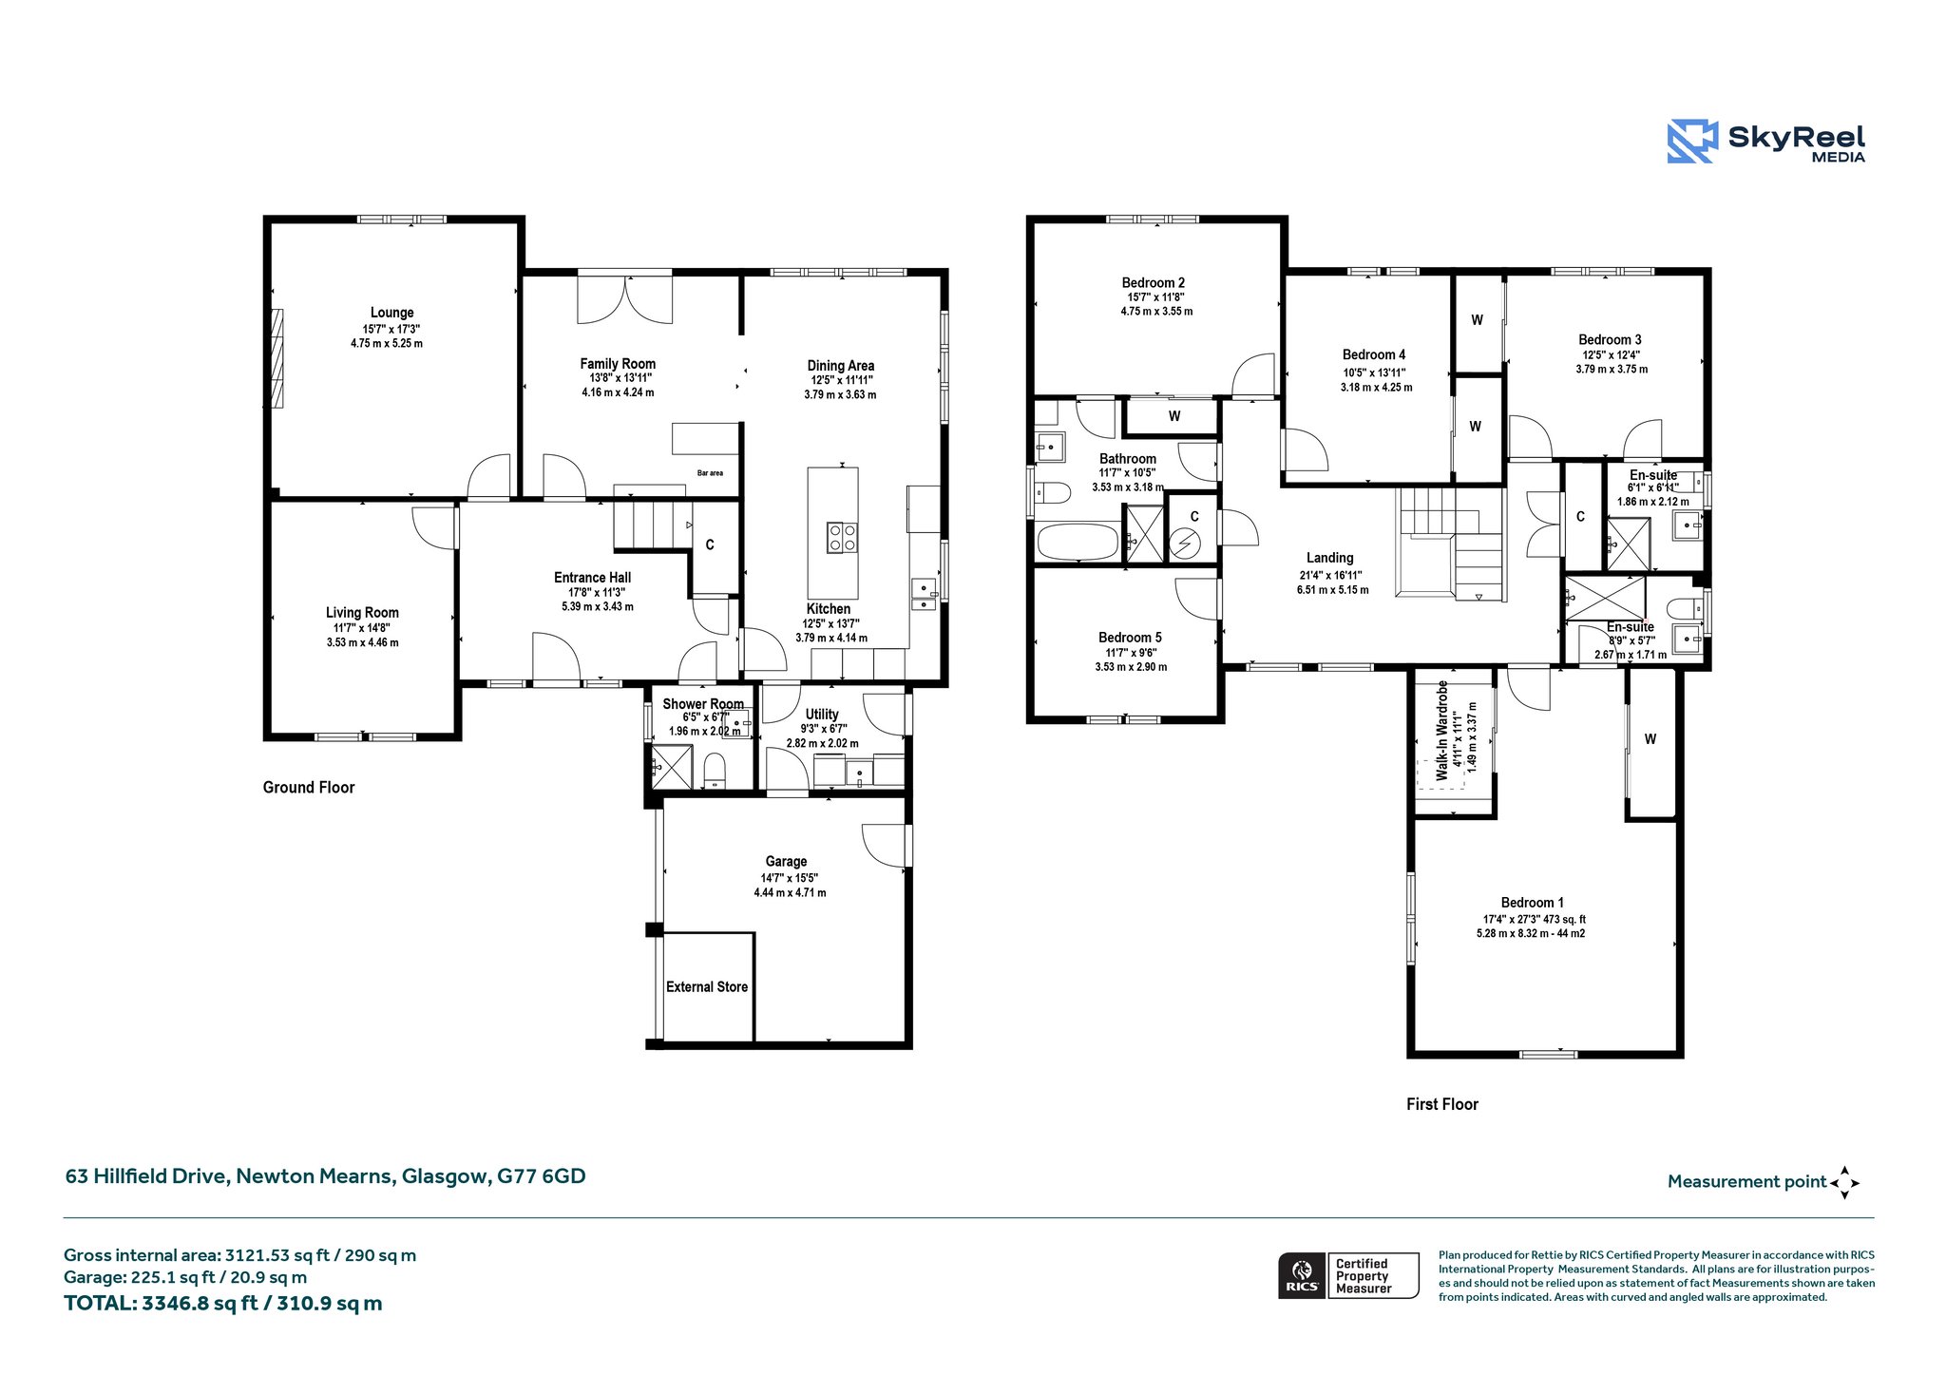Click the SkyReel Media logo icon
coord(1692,142)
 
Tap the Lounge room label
coord(392,313)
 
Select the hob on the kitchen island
coord(842,537)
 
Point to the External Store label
coord(707,987)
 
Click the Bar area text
coord(710,473)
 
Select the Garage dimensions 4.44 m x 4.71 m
coord(790,893)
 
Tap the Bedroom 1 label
coord(1533,903)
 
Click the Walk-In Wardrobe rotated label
coord(1442,731)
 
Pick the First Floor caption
coord(1442,1104)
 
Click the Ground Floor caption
coord(309,788)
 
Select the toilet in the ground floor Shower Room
coord(715,770)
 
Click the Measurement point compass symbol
coord(1844,1183)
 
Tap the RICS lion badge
coord(1302,1275)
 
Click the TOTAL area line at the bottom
coord(223,1304)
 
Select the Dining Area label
coord(841,366)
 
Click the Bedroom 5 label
coord(1130,638)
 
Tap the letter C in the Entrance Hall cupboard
coord(710,544)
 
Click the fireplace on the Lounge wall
coord(277,358)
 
